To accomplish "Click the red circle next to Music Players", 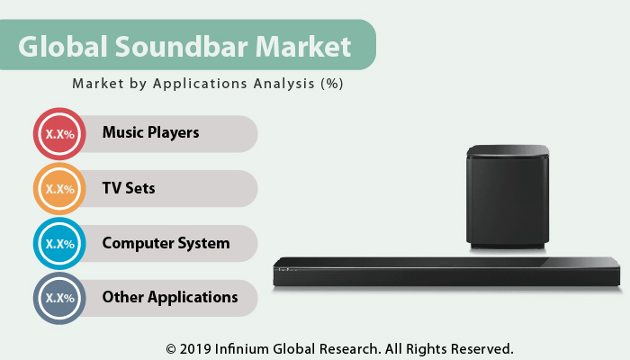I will tap(59, 134).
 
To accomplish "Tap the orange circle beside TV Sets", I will tap(59, 189).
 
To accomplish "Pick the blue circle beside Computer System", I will tap(59, 243).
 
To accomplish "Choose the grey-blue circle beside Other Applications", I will tap(59, 298).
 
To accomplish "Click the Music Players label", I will tap(150, 133).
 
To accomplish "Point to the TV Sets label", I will tap(129, 189).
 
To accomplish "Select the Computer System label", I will tap(166, 243).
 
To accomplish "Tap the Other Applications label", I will tap(170, 297).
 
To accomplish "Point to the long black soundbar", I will tap(447, 274).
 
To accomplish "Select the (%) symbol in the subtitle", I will tap(331, 84).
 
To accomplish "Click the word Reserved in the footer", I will tap(481, 347).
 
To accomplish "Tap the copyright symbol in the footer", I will tap(171, 347).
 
